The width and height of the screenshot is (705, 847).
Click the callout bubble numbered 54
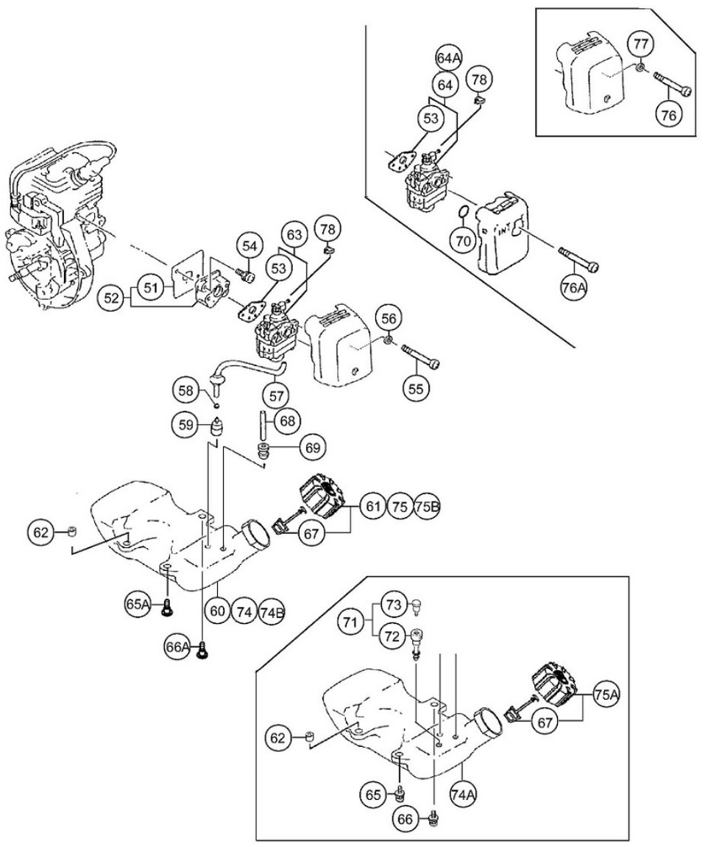(248, 246)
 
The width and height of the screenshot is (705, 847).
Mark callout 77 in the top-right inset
(640, 45)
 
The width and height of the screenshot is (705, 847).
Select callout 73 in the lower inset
(394, 605)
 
